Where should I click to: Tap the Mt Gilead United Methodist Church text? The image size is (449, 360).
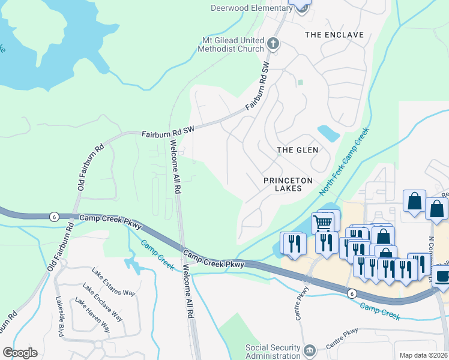point(233,44)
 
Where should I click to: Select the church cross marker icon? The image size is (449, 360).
point(273,43)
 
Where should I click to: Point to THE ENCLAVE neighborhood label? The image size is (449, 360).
point(334,35)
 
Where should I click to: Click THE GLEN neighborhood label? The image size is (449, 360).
point(297,149)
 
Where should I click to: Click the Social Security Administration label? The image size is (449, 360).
point(273,352)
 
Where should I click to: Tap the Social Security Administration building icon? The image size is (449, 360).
point(310,350)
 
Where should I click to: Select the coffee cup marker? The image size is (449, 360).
point(442,277)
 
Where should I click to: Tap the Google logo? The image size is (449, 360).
point(20,353)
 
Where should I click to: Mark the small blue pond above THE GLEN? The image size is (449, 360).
point(328,131)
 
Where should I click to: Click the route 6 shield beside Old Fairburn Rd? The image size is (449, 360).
point(55,217)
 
